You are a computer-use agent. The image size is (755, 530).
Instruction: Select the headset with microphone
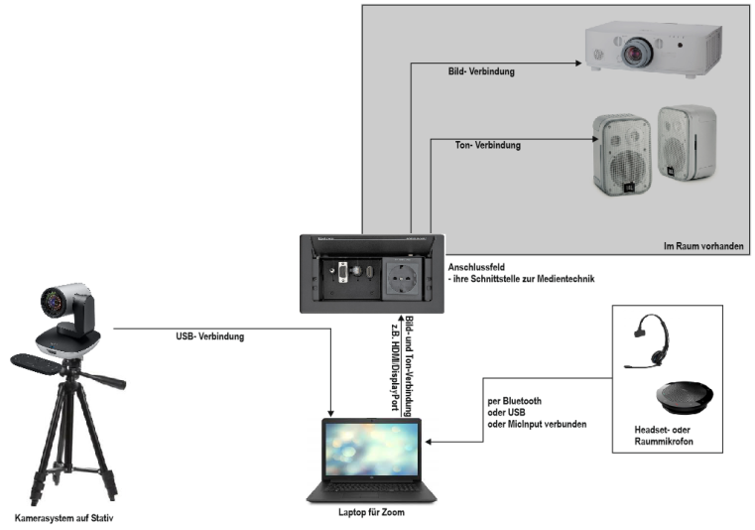click(x=648, y=340)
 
